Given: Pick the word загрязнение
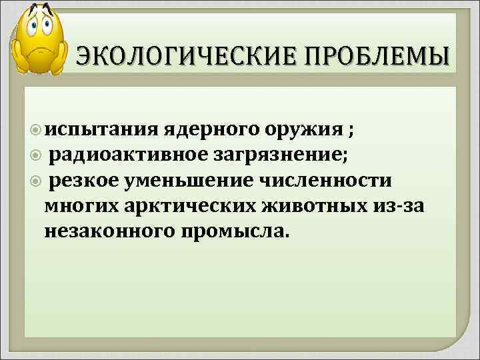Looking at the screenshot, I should tap(286, 156).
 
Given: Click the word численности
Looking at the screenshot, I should tap(334, 181).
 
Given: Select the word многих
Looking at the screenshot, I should tap(81, 207).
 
